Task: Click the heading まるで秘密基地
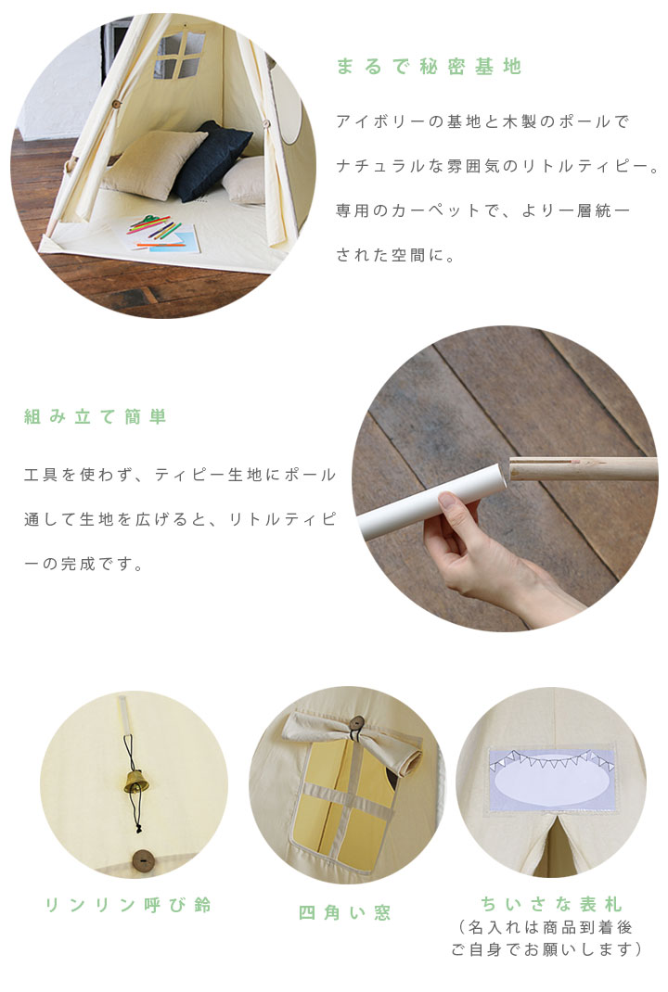429,67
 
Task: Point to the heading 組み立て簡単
95,416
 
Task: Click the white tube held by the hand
432,501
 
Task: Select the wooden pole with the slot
583,469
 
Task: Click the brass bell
136,782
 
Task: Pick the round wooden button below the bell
143,861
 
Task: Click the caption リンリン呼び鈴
128,905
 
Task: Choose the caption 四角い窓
345,912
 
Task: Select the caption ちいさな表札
551,903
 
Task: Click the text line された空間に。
395,255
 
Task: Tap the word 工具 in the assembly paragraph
41,475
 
